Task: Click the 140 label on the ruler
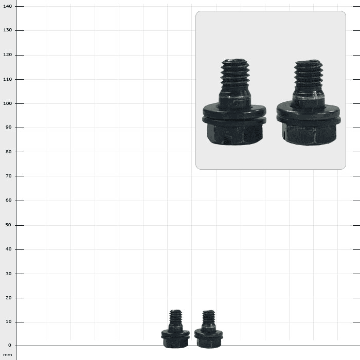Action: [x=8, y=6]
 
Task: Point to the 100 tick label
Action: [x=8, y=103]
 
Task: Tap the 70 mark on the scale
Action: [x=9, y=176]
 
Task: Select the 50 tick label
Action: [x=9, y=225]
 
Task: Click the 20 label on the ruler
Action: [x=9, y=298]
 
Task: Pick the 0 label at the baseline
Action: [x=10, y=345]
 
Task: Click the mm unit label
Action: [x=8, y=355]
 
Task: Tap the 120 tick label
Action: [x=8, y=55]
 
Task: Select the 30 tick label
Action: [x=9, y=274]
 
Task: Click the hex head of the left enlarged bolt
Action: [x=235, y=134]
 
